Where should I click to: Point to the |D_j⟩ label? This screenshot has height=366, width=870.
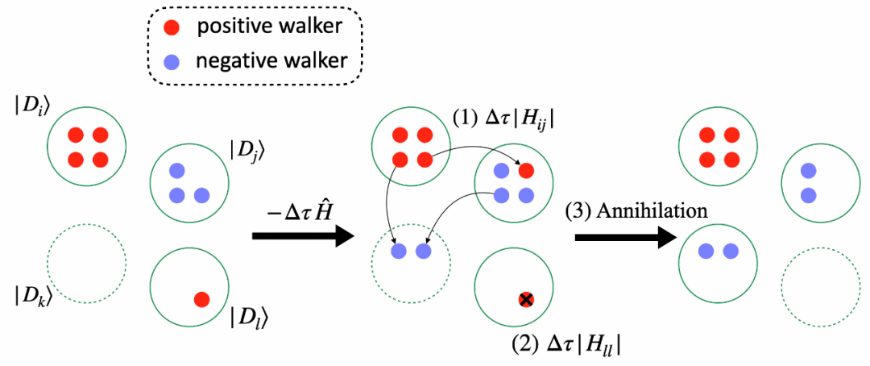(x=246, y=149)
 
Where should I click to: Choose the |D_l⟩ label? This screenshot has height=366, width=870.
(x=246, y=318)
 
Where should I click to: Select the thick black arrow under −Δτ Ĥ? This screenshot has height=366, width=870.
(x=304, y=236)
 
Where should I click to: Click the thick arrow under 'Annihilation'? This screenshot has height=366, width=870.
(x=627, y=237)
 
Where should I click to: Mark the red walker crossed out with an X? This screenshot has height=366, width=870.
(x=526, y=301)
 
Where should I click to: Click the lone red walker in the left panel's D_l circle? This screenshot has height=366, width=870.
(x=201, y=300)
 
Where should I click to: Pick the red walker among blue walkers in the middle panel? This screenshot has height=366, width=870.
(x=526, y=169)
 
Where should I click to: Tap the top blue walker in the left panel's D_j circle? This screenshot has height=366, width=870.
(x=177, y=169)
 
